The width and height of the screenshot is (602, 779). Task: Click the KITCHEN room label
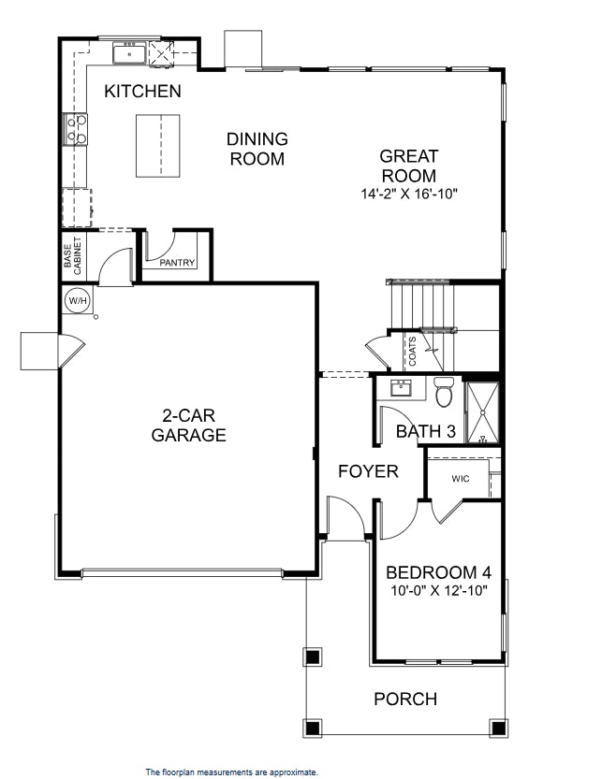142,92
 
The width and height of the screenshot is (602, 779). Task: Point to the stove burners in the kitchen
75,130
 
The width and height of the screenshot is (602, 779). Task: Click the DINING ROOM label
257,149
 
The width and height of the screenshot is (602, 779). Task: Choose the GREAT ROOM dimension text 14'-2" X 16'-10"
408,195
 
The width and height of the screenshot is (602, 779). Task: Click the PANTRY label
177,263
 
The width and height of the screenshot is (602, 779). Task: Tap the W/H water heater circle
75,300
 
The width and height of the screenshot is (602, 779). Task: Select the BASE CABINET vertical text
73,254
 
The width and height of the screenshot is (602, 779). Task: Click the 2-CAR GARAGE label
188,425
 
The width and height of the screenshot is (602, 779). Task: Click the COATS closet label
412,352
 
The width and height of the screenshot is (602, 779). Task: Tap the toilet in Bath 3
444,393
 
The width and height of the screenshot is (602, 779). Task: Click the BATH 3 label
426,431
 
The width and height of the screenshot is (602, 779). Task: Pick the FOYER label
368,471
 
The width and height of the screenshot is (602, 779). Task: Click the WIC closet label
460,479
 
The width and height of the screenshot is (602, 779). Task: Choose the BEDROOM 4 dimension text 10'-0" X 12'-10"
438,591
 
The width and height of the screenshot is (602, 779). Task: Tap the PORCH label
405,699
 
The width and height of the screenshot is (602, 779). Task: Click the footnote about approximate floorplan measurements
231,772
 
